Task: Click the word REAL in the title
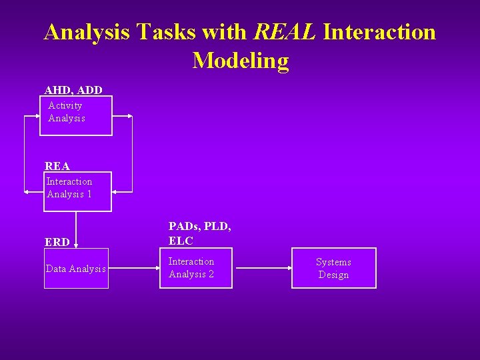click(285, 31)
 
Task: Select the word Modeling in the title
click(241, 61)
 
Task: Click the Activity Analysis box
click(76, 115)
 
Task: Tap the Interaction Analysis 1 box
click(77, 191)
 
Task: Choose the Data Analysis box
click(76, 269)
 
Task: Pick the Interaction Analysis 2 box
click(195, 268)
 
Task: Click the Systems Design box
click(333, 268)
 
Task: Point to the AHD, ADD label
click(73, 89)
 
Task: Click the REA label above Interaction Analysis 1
click(57, 166)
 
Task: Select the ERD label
click(57, 242)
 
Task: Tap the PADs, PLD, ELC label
click(200, 233)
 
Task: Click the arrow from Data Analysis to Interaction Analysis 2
click(133, 269)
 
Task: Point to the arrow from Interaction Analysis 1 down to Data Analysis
click(76, 230)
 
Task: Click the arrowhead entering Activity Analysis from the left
click(37, 116)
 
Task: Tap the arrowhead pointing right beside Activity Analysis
click(129, 116)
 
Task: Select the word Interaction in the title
click(379, 31)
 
